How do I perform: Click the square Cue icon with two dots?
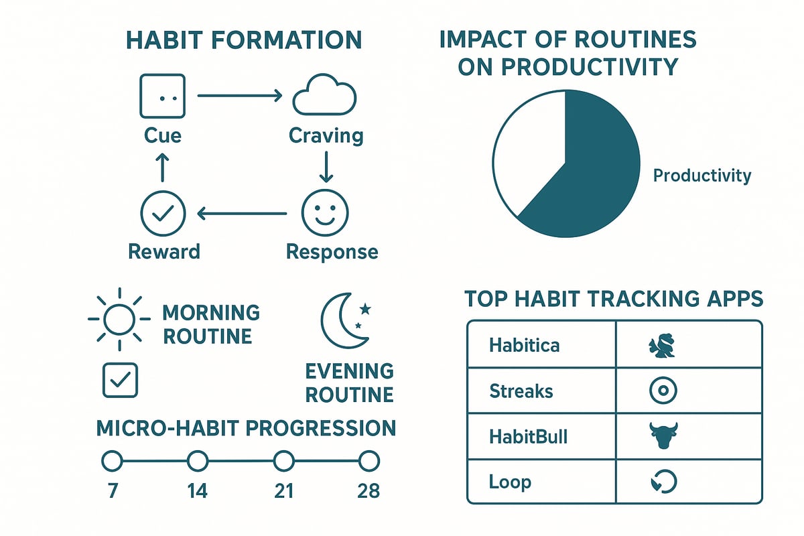pos(161,96)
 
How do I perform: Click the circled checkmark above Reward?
pos(162,214)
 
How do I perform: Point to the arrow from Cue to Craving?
pos(240,96)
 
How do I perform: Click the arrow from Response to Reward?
pos(241,214)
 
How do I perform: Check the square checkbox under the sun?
pos(120,381)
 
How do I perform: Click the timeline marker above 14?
pos(197,461)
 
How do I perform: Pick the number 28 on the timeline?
pos(368,491)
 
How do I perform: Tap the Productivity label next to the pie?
pos(702,176)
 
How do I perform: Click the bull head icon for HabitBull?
pos(663,436)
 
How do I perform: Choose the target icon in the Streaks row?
pos(663,391)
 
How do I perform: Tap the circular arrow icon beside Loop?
pos(663,481)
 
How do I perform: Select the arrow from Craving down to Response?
pos(326,166)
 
